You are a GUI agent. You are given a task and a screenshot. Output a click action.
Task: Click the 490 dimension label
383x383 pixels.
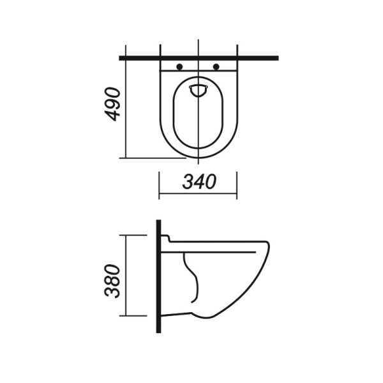point(112,104)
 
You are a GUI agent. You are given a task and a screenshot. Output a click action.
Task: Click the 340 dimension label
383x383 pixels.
point(199,182)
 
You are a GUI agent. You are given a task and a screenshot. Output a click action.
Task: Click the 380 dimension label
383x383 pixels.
point(112,281)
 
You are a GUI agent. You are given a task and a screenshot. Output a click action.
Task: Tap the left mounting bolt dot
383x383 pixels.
point(179,66)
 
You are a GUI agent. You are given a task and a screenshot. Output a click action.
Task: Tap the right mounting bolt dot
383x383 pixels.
point(216,66)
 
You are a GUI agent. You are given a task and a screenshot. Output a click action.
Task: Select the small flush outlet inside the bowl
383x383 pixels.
point(199,91)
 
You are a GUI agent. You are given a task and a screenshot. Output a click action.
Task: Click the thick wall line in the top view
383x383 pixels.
point(199,58)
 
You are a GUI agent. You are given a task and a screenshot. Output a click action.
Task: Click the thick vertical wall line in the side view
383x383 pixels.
point(158,276)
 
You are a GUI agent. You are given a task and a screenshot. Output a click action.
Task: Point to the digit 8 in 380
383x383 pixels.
point(112,281)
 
